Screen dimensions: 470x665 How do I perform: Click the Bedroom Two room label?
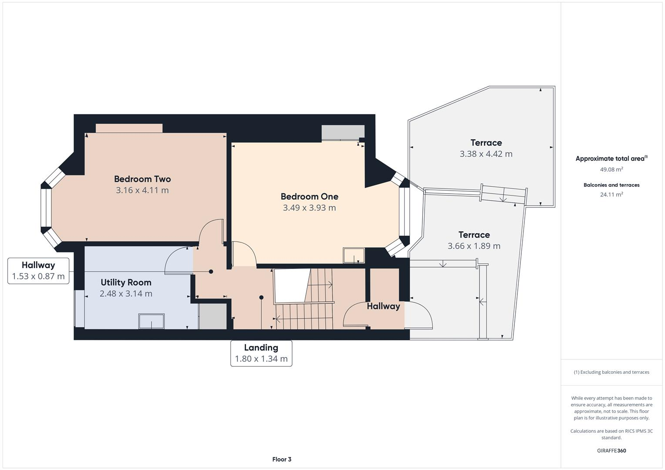tap(142, 179)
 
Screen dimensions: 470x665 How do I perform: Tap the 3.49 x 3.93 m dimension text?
tap(309, 208)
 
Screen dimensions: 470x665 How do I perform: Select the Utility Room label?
tap(126, 282)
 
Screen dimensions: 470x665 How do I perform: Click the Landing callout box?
tap(261, 353)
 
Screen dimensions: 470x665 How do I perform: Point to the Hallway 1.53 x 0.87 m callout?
tap(38, 271)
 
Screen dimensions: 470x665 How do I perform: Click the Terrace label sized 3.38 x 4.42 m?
tap(486, 143)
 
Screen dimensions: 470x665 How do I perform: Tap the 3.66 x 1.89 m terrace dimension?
tap(474, 246)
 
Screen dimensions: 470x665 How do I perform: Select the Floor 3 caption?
tap(282, 459)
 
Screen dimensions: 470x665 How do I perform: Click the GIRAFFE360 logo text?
tap(611, 450)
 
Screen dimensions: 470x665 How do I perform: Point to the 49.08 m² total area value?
tap(611, 169)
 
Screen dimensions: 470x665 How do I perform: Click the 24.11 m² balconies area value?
tap(611, 195)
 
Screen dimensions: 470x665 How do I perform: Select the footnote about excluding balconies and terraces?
tap(611, 372)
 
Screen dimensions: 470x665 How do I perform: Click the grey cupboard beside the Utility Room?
tap(213, 316)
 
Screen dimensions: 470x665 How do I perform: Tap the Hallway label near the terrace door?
tap(383, 306)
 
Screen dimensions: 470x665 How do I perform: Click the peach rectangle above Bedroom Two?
tap(129, 128)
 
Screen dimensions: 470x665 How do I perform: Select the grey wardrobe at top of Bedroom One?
tap(343, 132)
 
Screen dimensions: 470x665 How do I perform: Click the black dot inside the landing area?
tap(261, 298)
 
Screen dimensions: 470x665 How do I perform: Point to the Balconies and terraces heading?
tap(611, 185)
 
